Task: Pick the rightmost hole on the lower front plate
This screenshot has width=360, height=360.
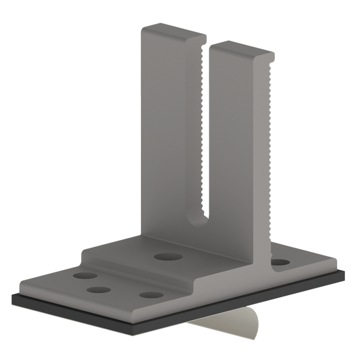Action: click(x=151, y=295)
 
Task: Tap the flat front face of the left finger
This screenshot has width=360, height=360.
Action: click(x=168, y=138)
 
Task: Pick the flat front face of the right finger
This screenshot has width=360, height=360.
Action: click(x=237, y=156)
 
